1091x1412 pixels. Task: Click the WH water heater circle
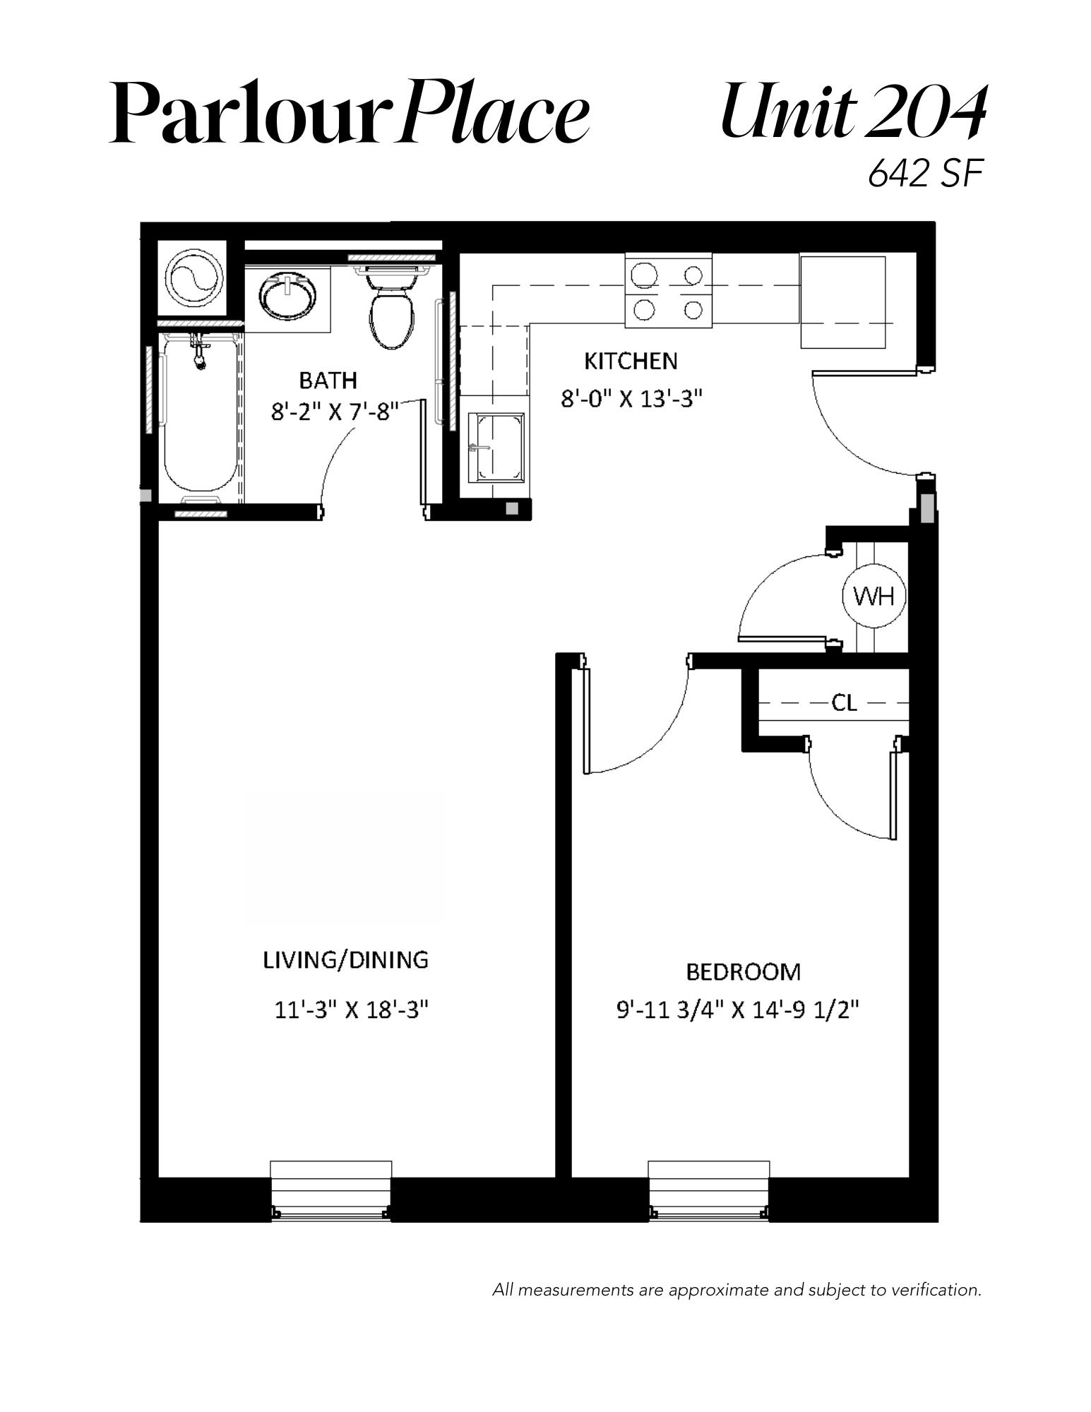click(x=874, y=597)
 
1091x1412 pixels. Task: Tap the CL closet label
click(x=844, y=702)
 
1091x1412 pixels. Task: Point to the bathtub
click(x=201, y=412)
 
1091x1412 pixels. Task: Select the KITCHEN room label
click(x=631, y=361)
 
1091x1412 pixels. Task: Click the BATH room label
click(x=328, y=381)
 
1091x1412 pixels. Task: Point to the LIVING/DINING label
click(x=346, y=960)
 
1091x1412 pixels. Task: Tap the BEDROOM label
click(x=744, y=972)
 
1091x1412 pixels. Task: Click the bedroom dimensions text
click(x=738, y=1011)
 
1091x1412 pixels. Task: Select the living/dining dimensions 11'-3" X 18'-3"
click(x=352, y=1010)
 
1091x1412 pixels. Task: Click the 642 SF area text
click(x=925, y=173)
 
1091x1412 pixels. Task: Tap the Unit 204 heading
click(x=852, y=112)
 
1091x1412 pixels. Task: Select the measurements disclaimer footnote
click(x=737, y=1290)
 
